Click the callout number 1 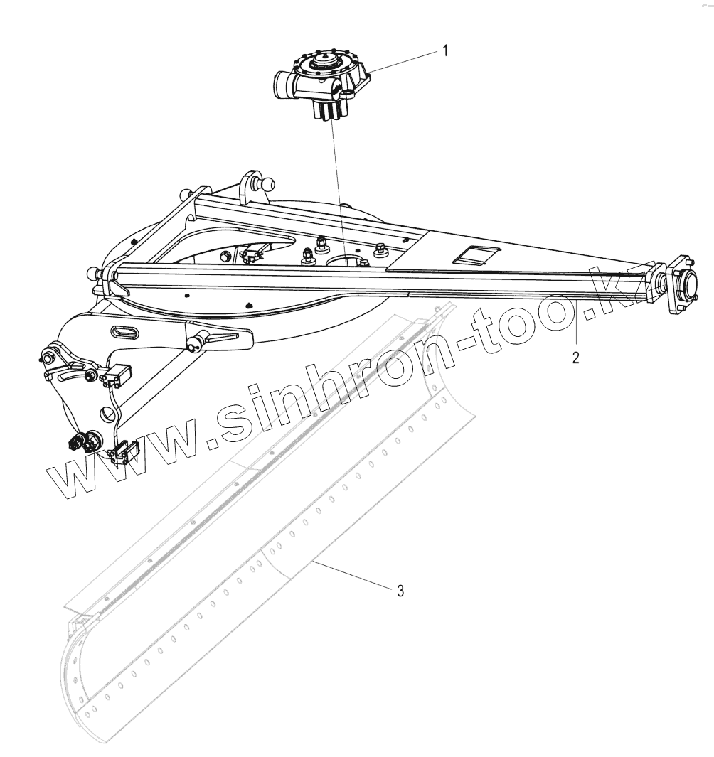pos(445,50)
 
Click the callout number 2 pos(576,357)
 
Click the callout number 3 pos(401,591)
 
